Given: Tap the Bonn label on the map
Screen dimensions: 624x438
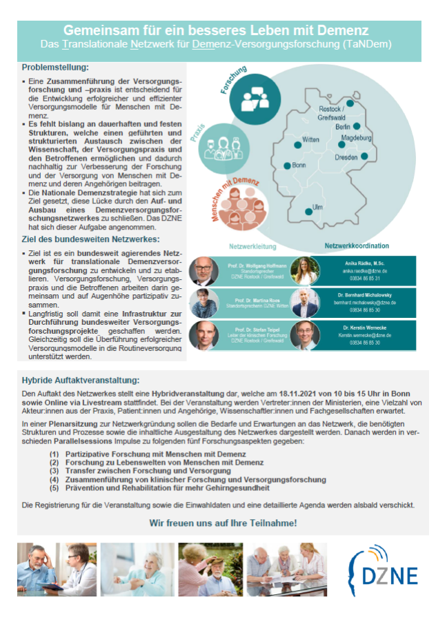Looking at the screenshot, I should [x=299, y=165].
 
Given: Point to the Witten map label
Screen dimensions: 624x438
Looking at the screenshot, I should [x=311, y=140].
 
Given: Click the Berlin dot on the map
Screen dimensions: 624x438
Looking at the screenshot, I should [x=357, y=126].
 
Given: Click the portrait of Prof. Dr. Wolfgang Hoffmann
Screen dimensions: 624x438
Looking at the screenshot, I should [x=203, y=272].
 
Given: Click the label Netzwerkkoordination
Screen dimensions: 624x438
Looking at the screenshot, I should [x=357, y=245].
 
